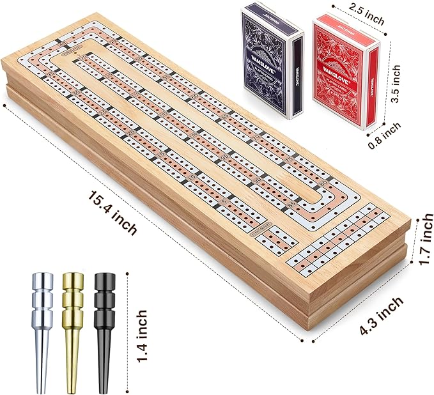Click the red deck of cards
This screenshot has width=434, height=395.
point(345,70)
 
